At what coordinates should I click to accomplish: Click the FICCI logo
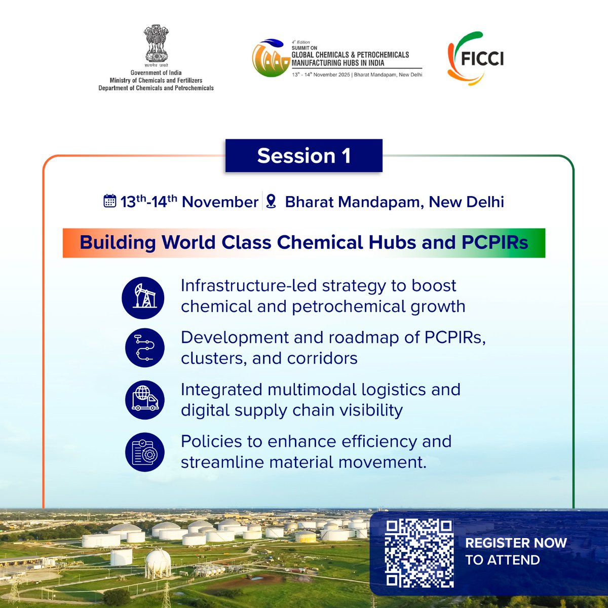tap(475, 58)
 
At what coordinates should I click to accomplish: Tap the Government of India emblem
tap(156, 46)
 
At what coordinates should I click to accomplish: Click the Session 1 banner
tap(303, 156)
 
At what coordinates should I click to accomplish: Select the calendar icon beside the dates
tap(110, 201)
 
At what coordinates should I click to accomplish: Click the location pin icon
tap(272, 201)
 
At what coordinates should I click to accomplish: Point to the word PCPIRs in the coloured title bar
tap(495, 243)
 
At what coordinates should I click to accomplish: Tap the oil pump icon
tap(143, 298)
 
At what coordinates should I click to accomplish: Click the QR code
tap(419, 553)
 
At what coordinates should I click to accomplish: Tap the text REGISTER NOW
tap(516, 543)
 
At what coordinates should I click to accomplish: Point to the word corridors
tap(322, 358)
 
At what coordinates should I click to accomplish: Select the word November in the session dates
tap(220, 202)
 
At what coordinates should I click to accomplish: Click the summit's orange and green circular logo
tap(271, 59)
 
